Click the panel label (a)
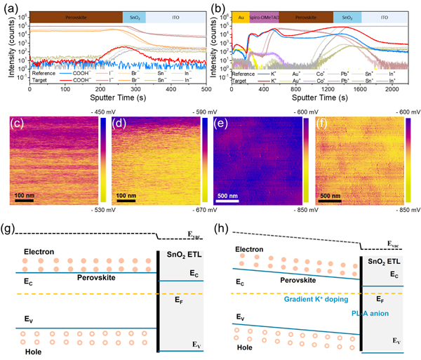[x=11, y=7]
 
